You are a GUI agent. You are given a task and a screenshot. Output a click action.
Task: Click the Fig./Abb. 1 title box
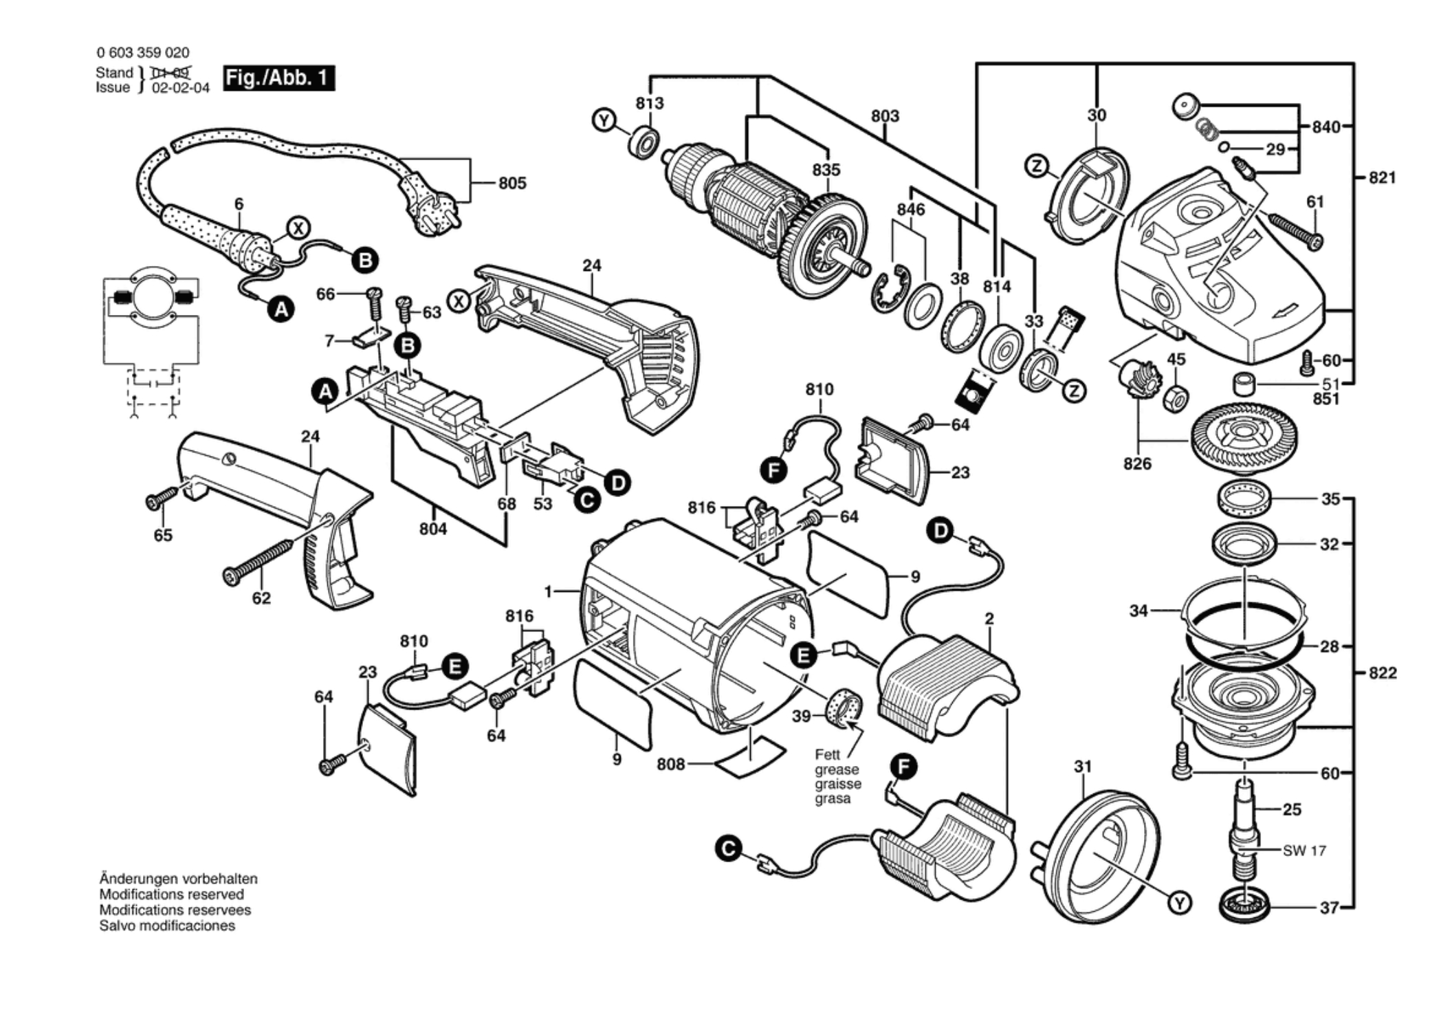[x=278, y=78]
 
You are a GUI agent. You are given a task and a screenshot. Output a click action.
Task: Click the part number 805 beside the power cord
[x=512, y=183]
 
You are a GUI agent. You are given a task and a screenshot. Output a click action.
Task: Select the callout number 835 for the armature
[x=826, y=170]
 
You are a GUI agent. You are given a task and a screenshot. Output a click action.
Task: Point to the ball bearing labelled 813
[x=644, y=142]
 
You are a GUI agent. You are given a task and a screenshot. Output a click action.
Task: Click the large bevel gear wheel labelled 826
[x=1244, y=437]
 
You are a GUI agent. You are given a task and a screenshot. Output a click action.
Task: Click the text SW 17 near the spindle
[x=1304, y=851]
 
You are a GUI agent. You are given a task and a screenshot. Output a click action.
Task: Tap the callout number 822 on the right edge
[x=1382, y=672]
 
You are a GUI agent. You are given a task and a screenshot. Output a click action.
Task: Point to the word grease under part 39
[x=837, y=769]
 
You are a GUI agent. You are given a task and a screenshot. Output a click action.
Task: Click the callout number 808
[x=670, y=764]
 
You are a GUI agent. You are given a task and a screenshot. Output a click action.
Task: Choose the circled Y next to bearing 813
[x=603, y=121]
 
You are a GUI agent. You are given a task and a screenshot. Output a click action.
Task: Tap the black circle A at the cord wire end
[x=280, y=310]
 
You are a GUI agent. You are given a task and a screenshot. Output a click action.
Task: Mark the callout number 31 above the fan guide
[x=1083, y=766]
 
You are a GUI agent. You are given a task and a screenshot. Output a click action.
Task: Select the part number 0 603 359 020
[x=143, y=52]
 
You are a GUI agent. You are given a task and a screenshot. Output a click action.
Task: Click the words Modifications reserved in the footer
[x=171, y=895]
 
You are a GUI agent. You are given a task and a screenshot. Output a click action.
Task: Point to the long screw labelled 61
[x=1297, y=231]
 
